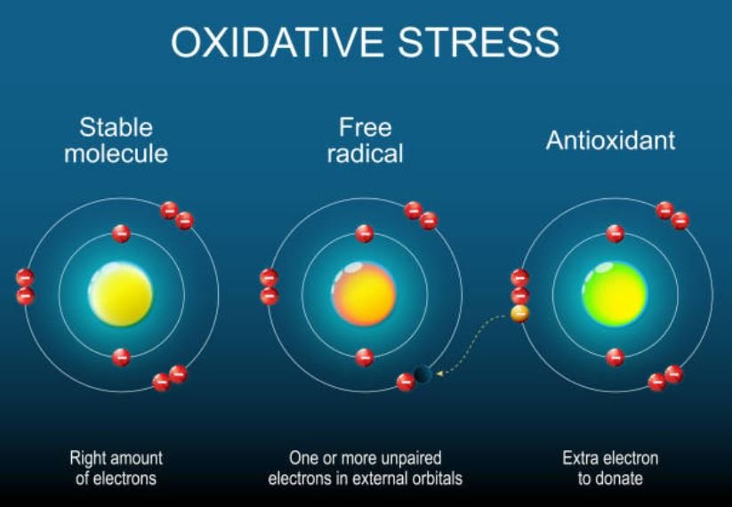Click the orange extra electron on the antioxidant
[520, 313]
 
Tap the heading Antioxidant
[610, 141]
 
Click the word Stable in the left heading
[116, 126]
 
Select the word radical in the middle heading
[365, 154]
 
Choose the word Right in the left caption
[89, 459]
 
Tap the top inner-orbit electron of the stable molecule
[122, 234]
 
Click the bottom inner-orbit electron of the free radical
[364, 358]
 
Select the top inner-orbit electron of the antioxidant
[615, 234]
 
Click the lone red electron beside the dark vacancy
[406, 382]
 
